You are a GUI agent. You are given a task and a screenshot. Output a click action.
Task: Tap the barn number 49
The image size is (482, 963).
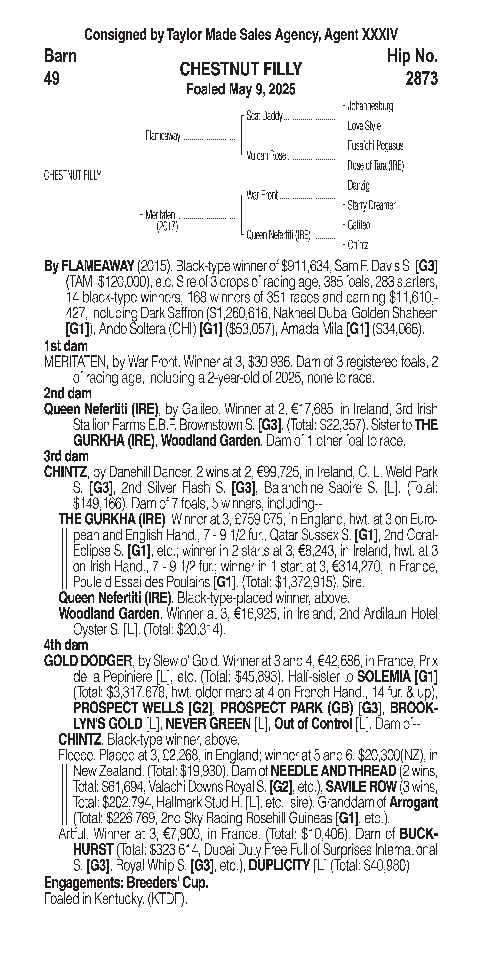click(52, 79)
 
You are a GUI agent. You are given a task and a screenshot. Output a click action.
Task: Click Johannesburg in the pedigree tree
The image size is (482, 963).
click(370, 106)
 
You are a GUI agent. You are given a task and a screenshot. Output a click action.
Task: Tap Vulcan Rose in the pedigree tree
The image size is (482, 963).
click(266, 156)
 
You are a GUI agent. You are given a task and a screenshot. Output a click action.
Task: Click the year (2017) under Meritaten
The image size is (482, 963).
click(167, 227)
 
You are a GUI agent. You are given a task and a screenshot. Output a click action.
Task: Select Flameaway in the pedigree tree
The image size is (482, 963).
click(163, 136)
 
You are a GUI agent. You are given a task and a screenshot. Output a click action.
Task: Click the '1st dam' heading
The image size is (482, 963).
click(66, 346)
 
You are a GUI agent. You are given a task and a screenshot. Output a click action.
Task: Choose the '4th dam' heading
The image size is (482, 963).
click(66, 645)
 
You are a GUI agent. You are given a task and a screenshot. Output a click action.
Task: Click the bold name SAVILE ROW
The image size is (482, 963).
click(361, 787)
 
